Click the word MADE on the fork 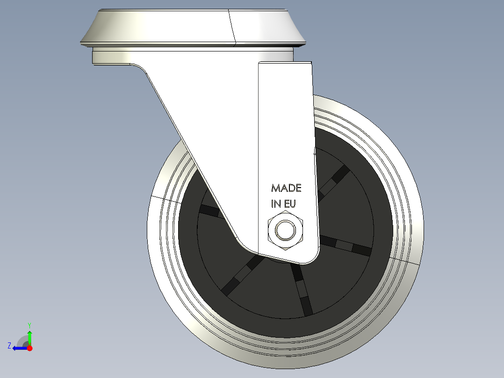286,188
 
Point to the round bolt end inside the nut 285,230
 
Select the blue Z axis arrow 19,348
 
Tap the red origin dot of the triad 29,348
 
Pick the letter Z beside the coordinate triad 9,346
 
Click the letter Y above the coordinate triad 29,325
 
